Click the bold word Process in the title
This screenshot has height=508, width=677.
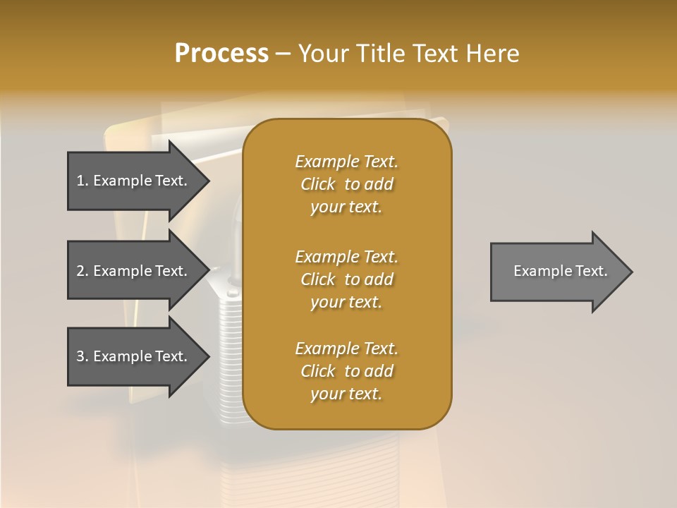[221, 54]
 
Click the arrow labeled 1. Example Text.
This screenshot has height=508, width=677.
[134, 181]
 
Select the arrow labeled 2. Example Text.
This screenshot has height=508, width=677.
[134, 271]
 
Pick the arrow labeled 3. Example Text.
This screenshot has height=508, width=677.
[134, 356]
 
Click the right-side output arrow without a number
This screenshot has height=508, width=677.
[557, 272]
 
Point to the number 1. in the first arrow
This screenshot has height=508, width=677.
[83, 181]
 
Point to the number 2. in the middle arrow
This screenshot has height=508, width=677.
[83, 271]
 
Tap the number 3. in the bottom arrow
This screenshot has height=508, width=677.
[83, 356]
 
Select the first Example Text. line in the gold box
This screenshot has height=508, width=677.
[346, 162]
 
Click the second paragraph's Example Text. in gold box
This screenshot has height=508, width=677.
[346, 257]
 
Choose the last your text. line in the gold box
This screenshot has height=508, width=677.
[346, 394]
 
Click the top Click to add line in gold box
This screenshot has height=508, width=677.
[346, 184]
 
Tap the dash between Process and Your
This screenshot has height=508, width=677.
[283, 54]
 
